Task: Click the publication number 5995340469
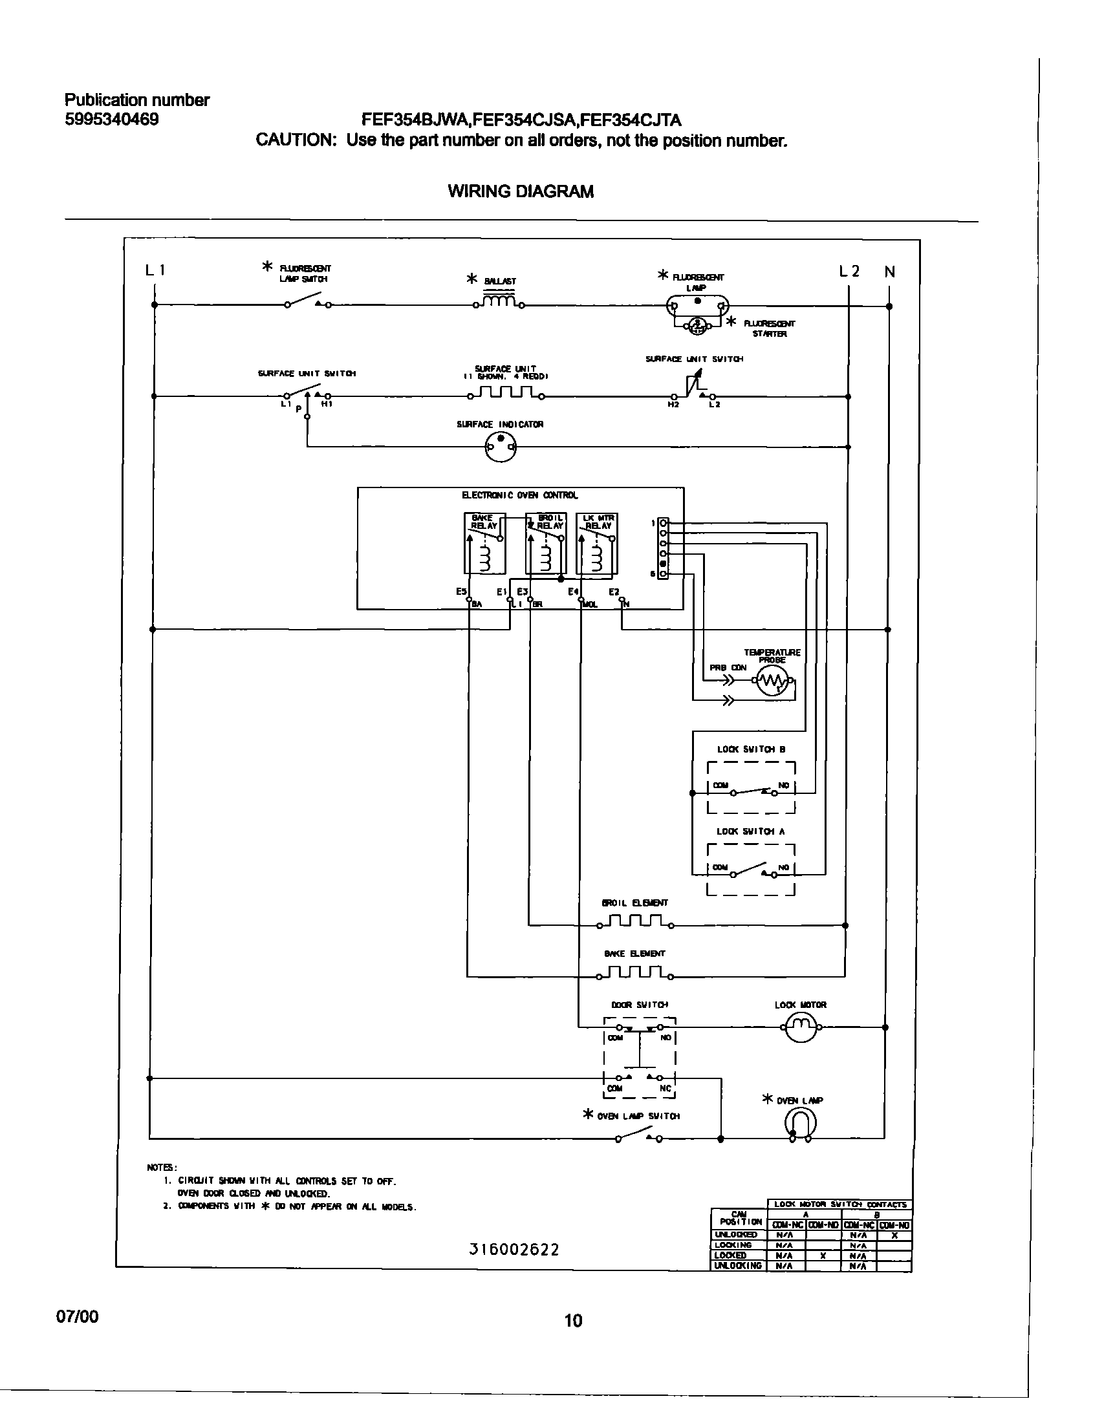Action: (111, 120)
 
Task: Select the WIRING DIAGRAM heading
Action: (520, 191)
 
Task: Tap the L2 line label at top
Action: (849, 272)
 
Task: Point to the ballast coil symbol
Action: (499, 302)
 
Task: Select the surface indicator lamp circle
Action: (501, 446)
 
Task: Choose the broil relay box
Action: (546, 544)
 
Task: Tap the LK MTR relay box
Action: (597, 544)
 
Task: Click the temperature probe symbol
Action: (773, 680)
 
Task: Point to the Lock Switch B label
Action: (751, 749)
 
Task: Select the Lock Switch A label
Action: (750, 831)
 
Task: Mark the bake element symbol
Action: (634, 972)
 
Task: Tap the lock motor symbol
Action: (800, 1027)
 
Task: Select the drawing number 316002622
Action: (514, 1249)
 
